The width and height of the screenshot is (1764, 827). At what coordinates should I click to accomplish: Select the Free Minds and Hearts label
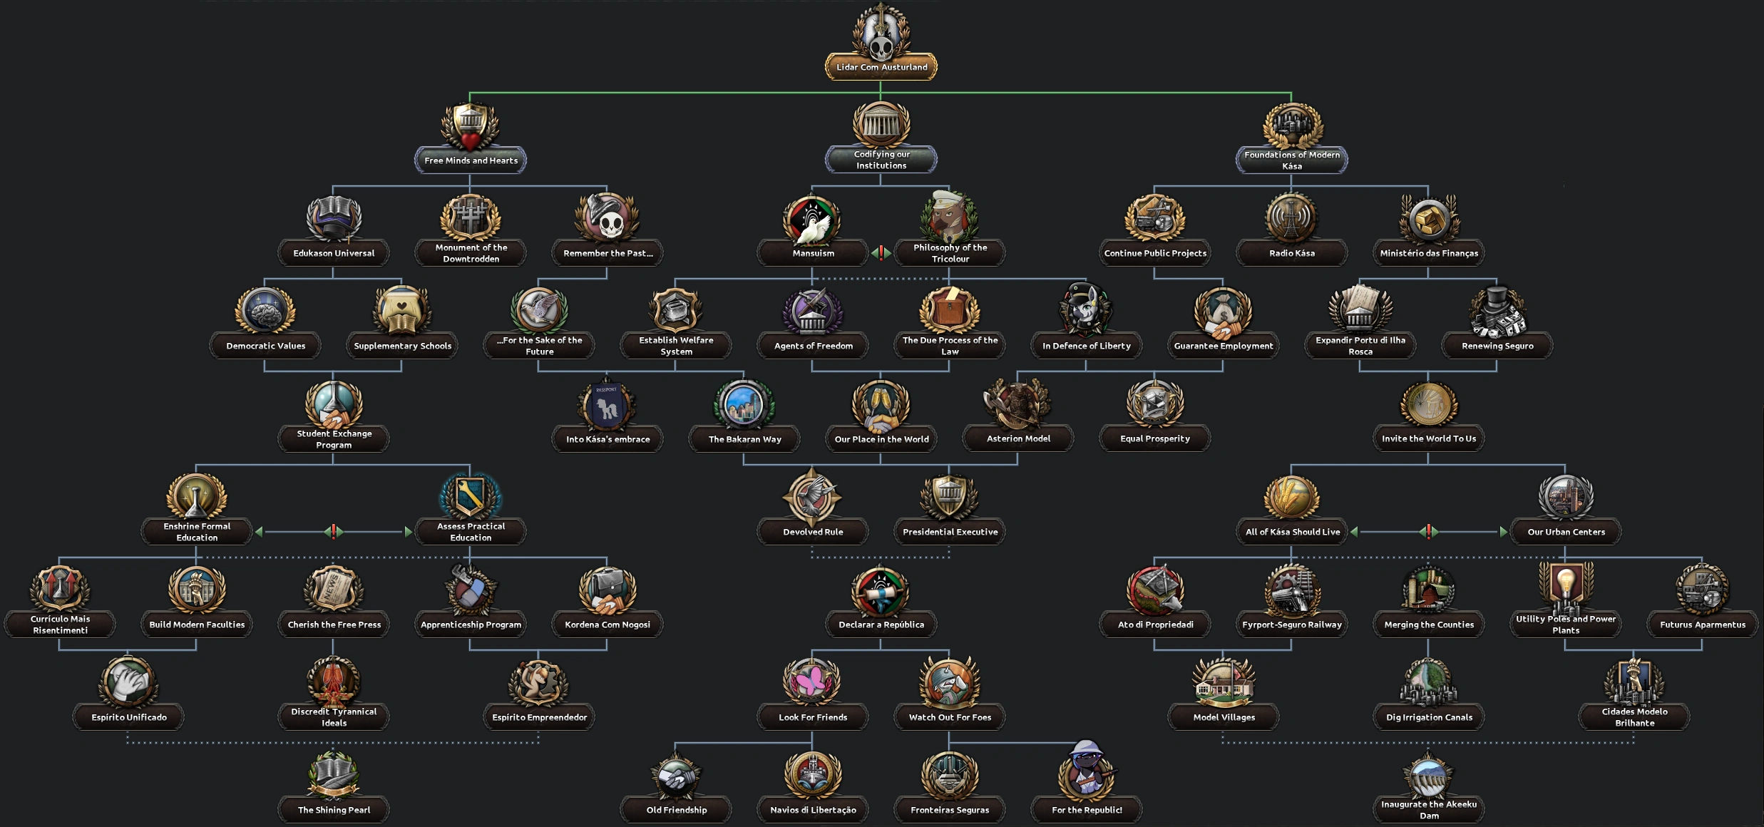click(471, 160)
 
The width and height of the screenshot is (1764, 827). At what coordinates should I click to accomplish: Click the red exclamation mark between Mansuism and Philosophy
click(881, 252)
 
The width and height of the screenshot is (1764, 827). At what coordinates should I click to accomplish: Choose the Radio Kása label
click(1291, 253)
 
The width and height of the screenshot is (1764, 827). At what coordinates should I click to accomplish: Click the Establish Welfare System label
click(676, 346)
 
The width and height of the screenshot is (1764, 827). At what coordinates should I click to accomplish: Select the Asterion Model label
click(1018, 438)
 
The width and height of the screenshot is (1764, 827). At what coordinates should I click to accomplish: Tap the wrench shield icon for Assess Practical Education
click(470, 495)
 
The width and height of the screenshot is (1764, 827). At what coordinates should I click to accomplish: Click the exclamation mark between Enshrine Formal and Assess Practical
click(334, 531)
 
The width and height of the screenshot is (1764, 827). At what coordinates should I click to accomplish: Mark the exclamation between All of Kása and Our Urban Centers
click(1428, 531)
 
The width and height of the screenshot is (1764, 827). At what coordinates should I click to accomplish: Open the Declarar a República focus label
click(881, 625)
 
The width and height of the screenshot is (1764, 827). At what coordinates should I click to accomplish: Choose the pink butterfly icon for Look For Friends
click(812, 682)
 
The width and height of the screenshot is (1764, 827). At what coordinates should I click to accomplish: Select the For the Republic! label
click(1087, 810)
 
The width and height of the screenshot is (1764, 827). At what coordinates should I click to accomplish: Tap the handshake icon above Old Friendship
click(676, 776)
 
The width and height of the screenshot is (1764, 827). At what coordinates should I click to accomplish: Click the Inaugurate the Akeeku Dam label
click(1429, 810)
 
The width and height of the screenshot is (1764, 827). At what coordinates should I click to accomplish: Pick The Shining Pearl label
click(334, 810)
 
